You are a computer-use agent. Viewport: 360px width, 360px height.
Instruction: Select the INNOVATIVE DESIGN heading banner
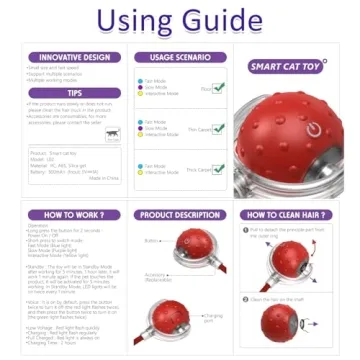[x=76, y=57]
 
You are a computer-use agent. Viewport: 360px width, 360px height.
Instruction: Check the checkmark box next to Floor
[x=218, y=87]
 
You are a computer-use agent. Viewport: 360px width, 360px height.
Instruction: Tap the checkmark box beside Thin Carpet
[x=218, y=128]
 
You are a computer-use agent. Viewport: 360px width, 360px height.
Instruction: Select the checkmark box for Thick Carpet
[x=218, y=169]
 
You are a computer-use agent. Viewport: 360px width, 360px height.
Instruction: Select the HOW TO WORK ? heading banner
[x=76, y=215]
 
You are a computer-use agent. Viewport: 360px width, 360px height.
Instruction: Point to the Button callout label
[x=150, y=240]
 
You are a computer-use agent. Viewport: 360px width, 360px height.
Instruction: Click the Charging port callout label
[x=212, y=318]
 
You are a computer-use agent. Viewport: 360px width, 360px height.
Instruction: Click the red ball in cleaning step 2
[x=279, y=321]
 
